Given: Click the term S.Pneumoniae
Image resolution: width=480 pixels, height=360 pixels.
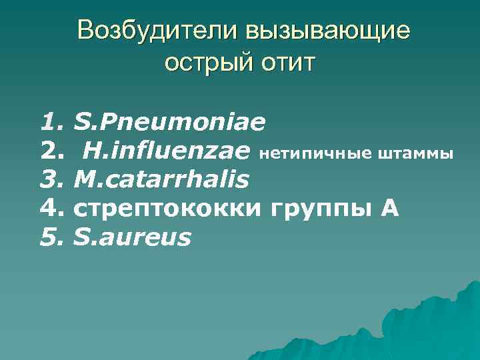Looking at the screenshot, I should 170,123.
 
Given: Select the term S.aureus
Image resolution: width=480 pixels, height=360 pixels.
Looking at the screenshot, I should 133,237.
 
